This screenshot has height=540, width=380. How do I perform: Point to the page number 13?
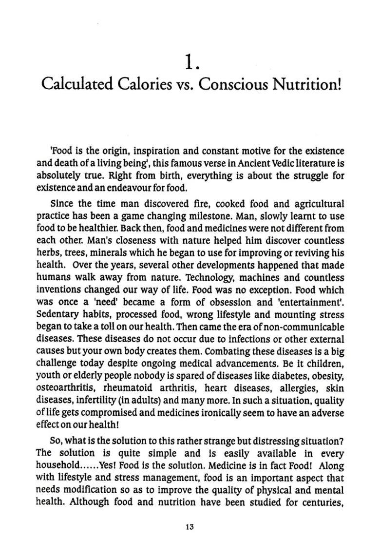click(x=190, y=527)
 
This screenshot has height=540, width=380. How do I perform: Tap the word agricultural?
click(x=317, y=204)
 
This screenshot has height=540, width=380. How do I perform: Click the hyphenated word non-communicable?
click(x=304, y=327)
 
